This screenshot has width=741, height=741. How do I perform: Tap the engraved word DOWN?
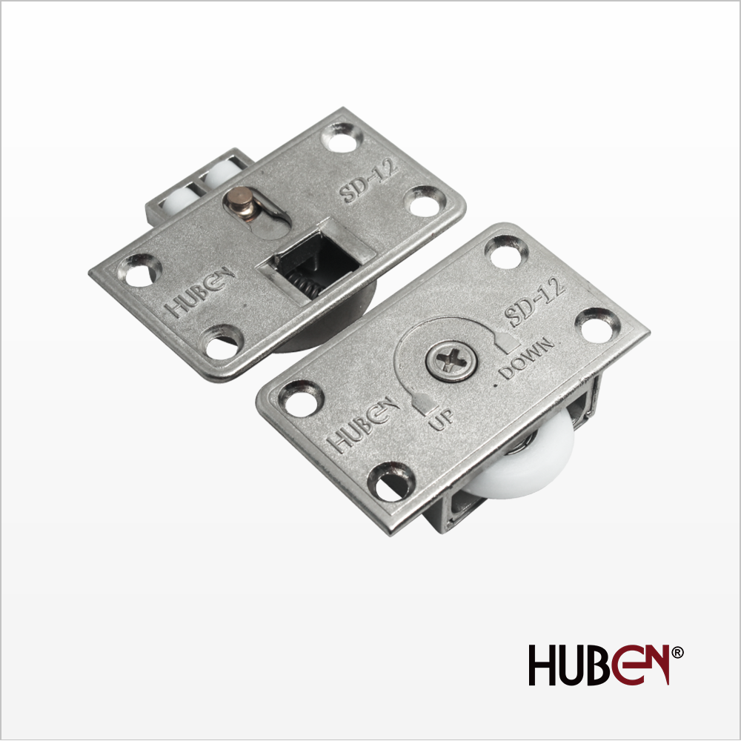point(526,357)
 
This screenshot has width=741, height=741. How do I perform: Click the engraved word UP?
point(441,419)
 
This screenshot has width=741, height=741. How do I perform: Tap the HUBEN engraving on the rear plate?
point(200,292)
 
